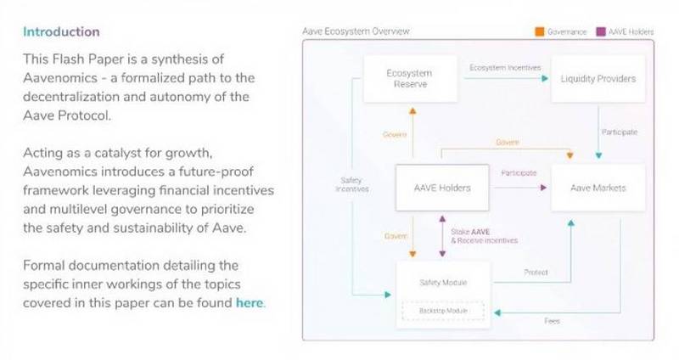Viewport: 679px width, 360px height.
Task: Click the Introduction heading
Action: [61, 31]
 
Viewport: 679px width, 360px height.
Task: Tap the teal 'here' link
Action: [250, 303]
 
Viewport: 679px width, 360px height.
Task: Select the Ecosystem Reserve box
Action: [410, 79]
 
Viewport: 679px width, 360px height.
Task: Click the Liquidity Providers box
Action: [598, 79]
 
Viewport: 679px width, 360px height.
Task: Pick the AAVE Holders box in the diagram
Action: [442, 188]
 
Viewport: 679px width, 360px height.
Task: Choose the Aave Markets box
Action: [598, 188]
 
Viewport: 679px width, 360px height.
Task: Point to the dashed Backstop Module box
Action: [443, 311]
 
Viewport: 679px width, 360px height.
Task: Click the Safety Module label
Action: [443, 283]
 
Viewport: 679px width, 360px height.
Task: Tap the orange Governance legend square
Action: [540, 31]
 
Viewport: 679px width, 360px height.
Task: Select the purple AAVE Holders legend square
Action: [601, 31]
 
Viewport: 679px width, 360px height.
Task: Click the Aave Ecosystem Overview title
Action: [356, 31]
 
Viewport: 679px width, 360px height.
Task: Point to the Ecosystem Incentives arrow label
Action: [505, 68]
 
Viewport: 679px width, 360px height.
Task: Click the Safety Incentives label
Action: [351, 184]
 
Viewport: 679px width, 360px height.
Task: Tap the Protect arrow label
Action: [536, 272]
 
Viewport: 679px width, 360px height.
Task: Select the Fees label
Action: [552, 321]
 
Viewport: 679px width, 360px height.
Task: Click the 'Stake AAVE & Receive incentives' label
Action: [484, 236]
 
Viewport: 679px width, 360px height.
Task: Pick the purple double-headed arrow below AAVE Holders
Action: [442, 236]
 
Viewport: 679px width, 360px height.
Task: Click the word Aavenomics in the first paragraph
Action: [60, 78]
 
